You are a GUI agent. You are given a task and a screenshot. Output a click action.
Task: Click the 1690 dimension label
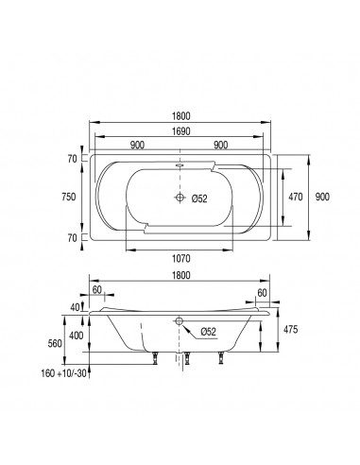pos(181,131)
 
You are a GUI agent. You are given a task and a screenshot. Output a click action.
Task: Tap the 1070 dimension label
pos(181,259)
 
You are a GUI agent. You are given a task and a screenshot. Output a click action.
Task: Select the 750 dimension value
pos(69,197)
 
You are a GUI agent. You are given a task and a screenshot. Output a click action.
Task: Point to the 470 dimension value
pos(296,197)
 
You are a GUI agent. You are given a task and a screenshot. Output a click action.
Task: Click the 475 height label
pos(290,330)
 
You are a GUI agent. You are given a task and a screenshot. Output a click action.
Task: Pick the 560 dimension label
pos(55,343)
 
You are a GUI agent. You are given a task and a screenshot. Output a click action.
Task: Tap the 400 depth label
pos(77,336)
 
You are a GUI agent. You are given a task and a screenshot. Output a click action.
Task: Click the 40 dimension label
pos(75,307)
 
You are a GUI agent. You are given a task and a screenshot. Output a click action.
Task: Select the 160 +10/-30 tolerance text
pos(63,373)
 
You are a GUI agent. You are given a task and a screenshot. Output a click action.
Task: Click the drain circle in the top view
pos(180,198)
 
